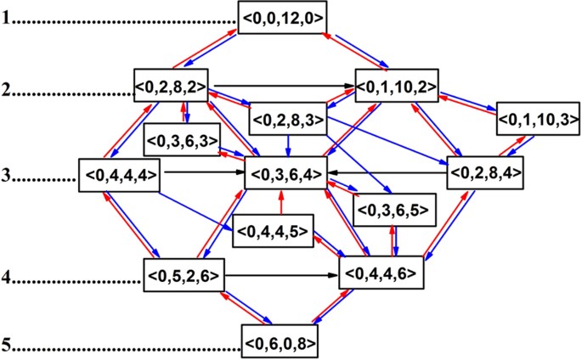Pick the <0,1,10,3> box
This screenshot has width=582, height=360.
(x=532, y=119)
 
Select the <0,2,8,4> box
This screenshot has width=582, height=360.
(x=484, y=173)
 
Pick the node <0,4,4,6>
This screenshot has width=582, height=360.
(x=381, y=275)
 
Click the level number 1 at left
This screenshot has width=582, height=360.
(x=6, y=18)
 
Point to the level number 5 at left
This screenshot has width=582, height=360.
(x=6, y=348)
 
